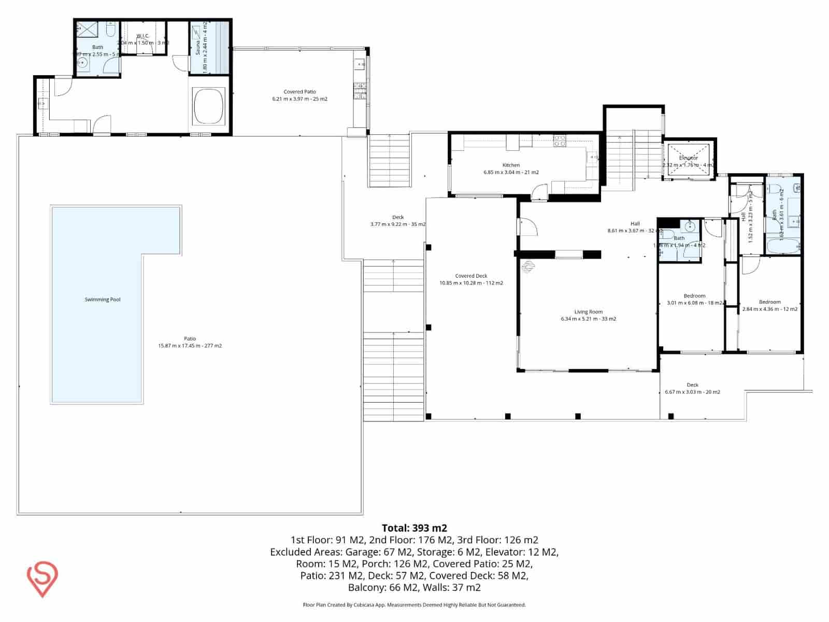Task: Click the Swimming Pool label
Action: point(103,300)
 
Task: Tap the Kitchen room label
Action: point(511,165)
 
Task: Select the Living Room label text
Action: point(588,312)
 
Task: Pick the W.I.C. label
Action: point(143,36)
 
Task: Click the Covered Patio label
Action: point(299,92)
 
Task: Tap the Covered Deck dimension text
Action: point(471,283)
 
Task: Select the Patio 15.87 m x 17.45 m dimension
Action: point(190,346)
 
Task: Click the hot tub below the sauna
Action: point(209,106)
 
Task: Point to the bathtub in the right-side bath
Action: point(783,246)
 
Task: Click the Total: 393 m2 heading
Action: point(414,528)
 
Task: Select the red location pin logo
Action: point(42,579)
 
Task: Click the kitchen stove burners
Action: point(560,141)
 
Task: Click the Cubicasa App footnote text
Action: point(414,605)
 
